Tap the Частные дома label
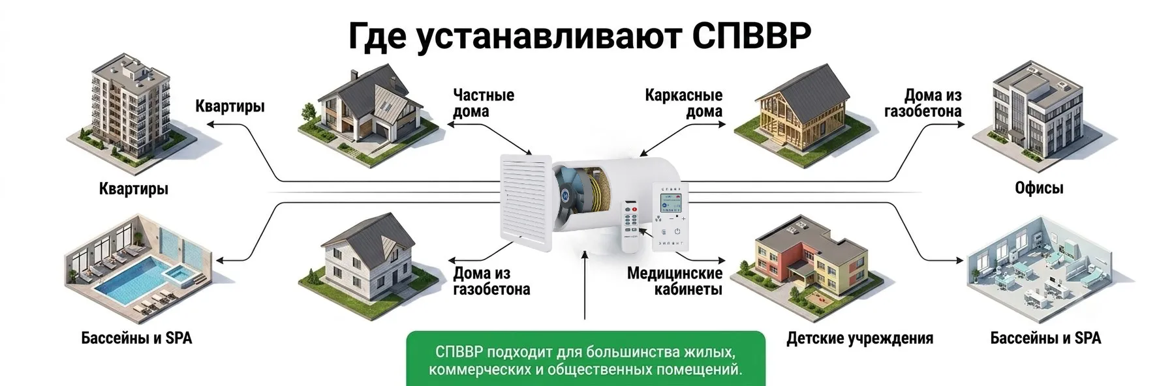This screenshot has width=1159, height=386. point(484,103)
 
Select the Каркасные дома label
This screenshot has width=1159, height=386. point(684,103)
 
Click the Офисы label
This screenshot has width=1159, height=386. point(1039,188)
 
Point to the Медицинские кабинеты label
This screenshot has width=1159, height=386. point(675,281)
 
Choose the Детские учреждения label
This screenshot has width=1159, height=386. point(859,338)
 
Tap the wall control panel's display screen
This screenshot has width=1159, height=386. point(671,203)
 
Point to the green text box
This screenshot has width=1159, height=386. point(585,359)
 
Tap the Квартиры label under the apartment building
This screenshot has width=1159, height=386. point(134,189)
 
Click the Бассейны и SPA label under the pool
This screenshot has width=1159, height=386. point(136,338)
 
